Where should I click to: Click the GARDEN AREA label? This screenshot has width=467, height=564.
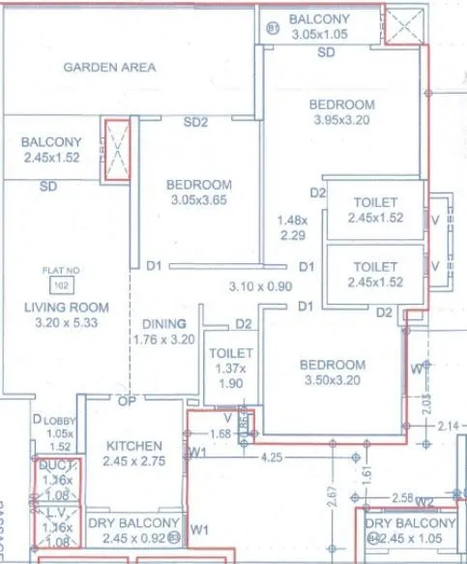click(x=109, y=68)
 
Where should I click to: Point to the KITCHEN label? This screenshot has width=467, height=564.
click(x=134, y=446)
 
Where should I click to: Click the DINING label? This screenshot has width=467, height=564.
click(x=163, y=324)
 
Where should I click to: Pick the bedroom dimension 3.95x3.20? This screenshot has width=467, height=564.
click(x=342, y=121)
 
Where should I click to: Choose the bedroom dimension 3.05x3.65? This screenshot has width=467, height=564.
click(x=197, y=201)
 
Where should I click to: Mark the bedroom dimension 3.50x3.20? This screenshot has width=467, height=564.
click(x=332, y=381)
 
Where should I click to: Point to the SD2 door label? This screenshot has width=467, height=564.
click(x=196, y=122)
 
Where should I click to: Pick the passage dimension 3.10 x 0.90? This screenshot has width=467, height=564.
click(x=259, y=286)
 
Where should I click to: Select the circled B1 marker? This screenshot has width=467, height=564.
click(x=272, y=30)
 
